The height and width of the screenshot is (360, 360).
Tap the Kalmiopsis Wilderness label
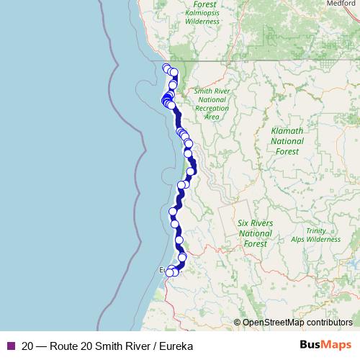[202, 17]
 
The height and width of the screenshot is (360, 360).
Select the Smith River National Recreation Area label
[211, 104]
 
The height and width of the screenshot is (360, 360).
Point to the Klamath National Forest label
[287, 141]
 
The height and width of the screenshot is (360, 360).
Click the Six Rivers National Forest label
[256, 233]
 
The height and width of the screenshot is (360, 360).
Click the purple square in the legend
[9, 346]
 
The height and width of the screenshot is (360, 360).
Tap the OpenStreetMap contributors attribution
[297, 322]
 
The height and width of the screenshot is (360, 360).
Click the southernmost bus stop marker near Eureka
[171, 272]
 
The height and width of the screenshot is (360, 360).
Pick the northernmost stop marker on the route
[166, 68]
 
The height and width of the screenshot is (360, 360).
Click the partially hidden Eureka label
[163, 269]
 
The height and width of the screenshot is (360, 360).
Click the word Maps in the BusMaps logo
[337, 345]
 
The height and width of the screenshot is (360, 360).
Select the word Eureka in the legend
[175, 346]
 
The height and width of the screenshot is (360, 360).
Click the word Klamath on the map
[287, 131]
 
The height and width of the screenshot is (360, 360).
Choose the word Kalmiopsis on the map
[202, 12]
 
